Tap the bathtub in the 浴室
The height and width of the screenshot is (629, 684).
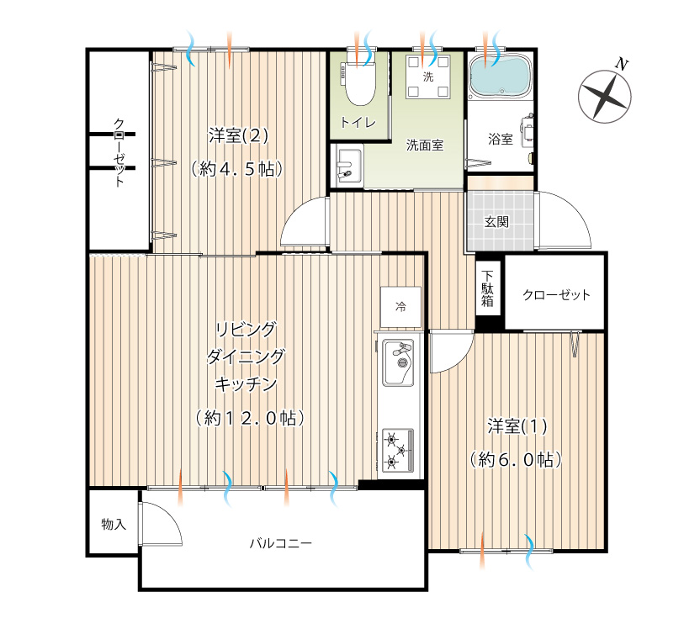(x=500, y=76)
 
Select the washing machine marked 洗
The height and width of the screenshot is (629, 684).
(x=428, y=77)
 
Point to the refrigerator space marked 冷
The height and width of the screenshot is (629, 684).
(x=400, y=307)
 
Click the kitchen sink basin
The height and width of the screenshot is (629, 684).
(x=398, y=362)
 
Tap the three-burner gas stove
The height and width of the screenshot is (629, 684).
(x=398, y=451)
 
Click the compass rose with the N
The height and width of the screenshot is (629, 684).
(x=605, y=96)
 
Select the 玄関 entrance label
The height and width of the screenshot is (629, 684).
(x=497, y=222)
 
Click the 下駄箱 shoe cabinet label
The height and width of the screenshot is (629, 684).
(x=487, y=288)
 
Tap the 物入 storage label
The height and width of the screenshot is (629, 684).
(x=114, y=524)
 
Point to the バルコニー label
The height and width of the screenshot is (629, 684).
(x=281, y=543)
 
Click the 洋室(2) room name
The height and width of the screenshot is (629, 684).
(x=238, y=136)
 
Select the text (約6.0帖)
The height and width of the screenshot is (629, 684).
(x=516, y=459)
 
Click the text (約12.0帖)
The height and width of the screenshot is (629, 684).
(x=250, y=419)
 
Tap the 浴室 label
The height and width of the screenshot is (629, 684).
(x=501, y=140)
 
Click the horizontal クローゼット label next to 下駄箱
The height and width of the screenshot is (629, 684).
(x=556, y=295)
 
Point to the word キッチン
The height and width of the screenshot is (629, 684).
(x=246, y=384)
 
